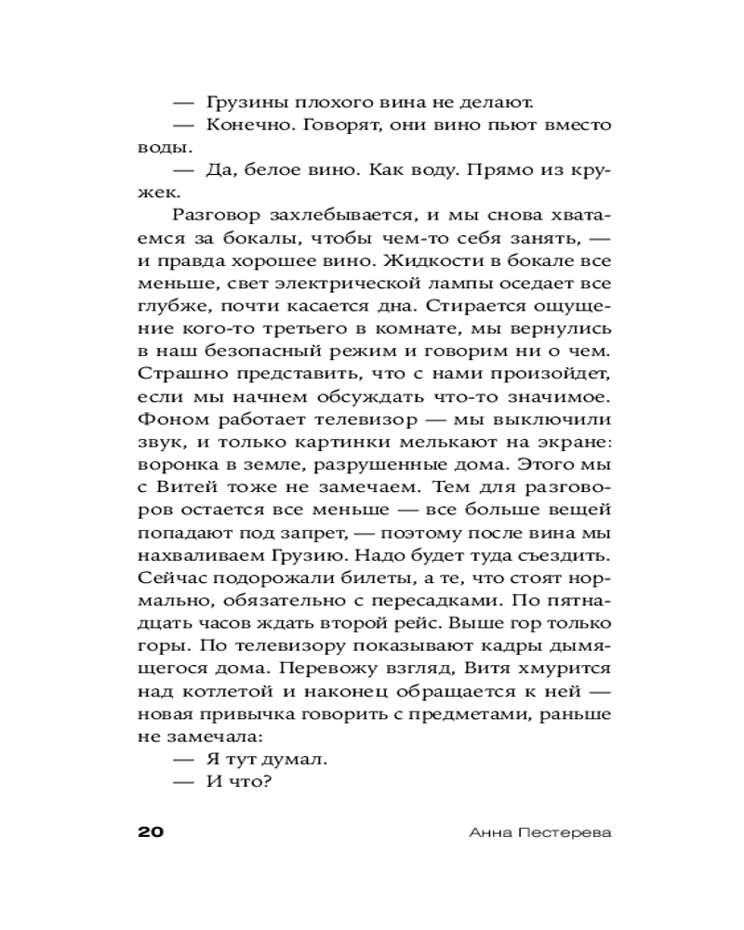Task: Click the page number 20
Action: (x=150, y=830)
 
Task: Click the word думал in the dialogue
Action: (x=293, y=757)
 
